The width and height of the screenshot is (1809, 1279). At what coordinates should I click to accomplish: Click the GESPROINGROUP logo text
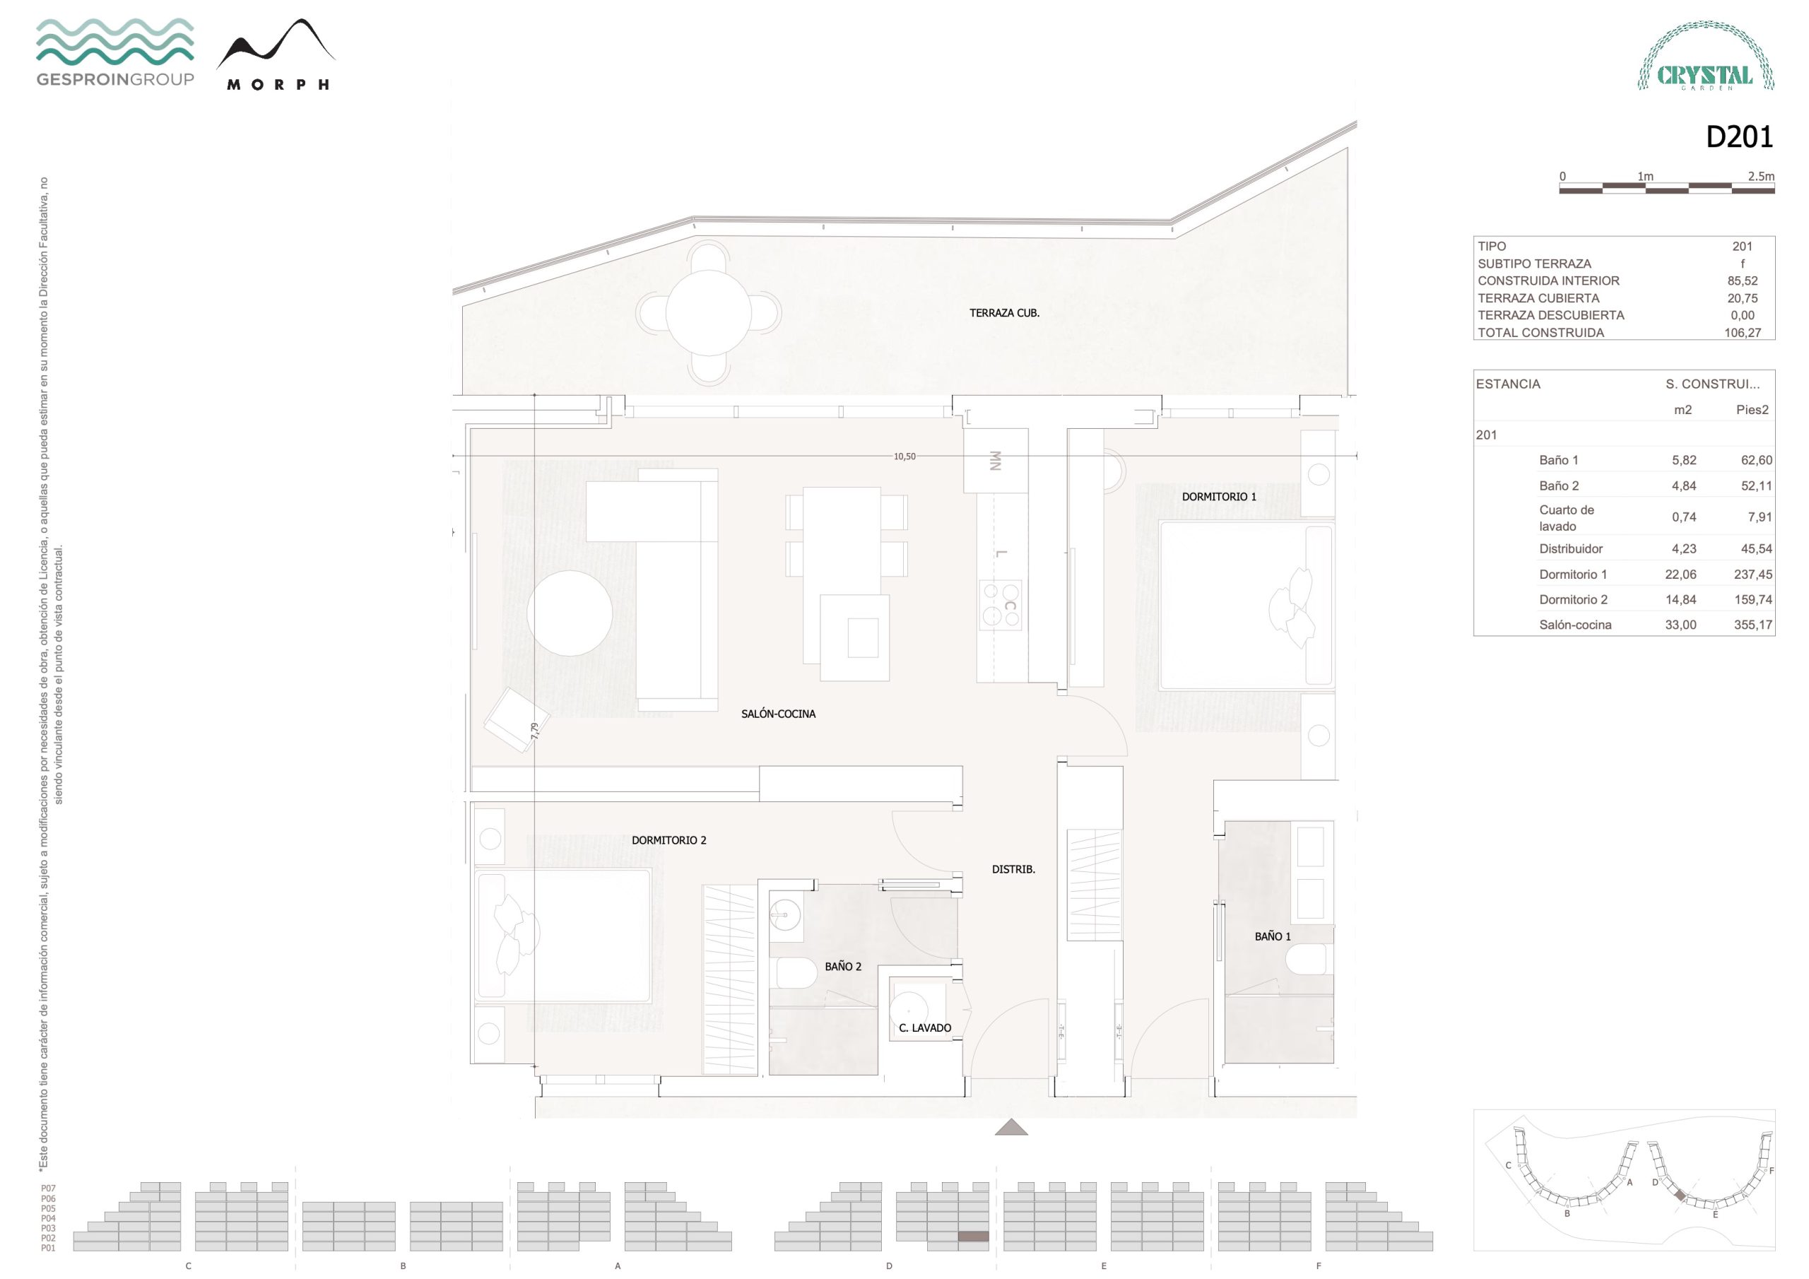(115, 79)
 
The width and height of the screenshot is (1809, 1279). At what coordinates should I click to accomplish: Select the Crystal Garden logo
(1706, 56)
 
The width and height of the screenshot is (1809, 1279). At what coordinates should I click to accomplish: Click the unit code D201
(1739, 137)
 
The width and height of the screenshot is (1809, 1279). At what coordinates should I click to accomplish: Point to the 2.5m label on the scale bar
(1761, 177)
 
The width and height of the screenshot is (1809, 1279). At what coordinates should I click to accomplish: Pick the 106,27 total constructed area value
(1742, 333)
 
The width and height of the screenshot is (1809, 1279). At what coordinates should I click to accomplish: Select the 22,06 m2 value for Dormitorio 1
(1680, 574)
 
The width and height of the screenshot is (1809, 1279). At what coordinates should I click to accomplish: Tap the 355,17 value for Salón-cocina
(1753, 625)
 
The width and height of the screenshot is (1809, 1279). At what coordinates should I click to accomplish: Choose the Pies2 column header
(1752, 410)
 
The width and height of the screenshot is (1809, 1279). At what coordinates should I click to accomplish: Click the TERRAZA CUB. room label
(1003, 313)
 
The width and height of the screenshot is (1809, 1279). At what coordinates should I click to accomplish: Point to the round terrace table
(708, 313)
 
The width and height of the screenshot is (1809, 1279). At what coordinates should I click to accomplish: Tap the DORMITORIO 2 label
(669, 840)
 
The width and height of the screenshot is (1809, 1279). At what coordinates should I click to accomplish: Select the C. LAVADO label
(924, 1027)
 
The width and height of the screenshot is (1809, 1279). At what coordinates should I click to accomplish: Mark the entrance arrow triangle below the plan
(1011, 1128)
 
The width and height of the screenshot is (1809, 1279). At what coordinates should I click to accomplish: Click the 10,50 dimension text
(904, 456)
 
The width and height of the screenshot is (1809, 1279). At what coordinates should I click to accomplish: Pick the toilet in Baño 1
(1309, 960)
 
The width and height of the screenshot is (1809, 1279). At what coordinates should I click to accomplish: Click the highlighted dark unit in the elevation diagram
(973, 1237)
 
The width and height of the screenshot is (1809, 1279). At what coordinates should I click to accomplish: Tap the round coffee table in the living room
(570, 613)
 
